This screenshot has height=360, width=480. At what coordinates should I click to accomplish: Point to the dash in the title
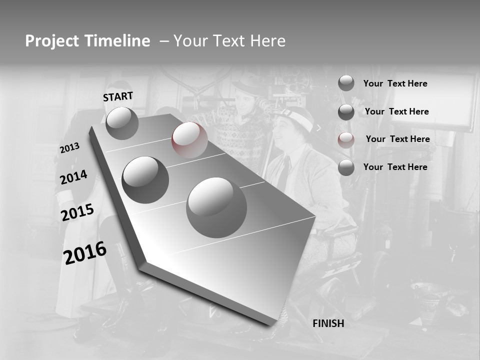point(163,41)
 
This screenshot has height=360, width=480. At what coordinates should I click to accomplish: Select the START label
point(118,96)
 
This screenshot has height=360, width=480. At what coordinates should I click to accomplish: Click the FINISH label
point(328,323)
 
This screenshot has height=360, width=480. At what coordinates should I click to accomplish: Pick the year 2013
point(69,148)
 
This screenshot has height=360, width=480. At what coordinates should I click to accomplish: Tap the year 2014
point(73,177)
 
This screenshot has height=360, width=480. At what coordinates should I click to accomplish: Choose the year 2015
point(77,212)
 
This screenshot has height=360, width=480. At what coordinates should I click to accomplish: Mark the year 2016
point(84,252)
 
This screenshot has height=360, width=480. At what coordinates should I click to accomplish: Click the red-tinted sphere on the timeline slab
point(189,139)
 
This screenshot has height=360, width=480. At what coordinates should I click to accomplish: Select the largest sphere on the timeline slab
point(216,207)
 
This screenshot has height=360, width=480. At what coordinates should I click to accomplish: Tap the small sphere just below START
point(122,123)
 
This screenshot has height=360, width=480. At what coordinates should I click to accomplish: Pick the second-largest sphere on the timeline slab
point(145,179)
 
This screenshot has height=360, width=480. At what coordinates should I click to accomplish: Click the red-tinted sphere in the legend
point(346,140)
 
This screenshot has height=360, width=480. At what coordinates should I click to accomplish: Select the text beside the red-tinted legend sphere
point(397,139)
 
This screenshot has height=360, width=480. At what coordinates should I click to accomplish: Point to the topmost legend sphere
point(346,83)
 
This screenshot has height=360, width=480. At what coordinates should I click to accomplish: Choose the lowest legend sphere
point(346,167)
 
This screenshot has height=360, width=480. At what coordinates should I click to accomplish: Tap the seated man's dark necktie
point(283,173)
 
